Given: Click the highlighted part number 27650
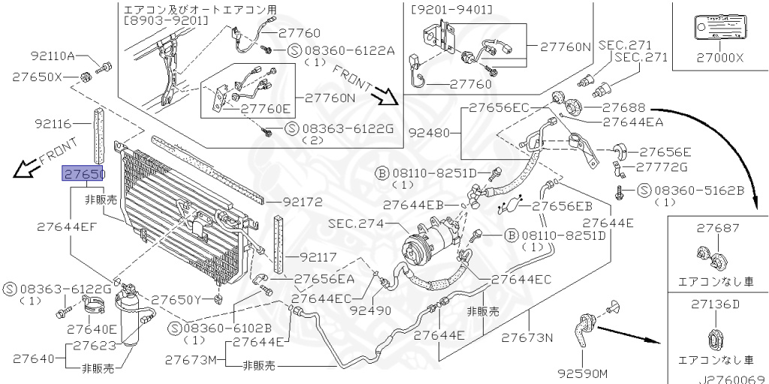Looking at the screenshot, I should click(x=83, y=174).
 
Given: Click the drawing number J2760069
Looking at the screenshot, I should click(x=733, y=378).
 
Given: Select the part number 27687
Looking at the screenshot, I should click(x=717, y=228).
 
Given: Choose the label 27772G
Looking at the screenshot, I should click(x=656, y=166).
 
